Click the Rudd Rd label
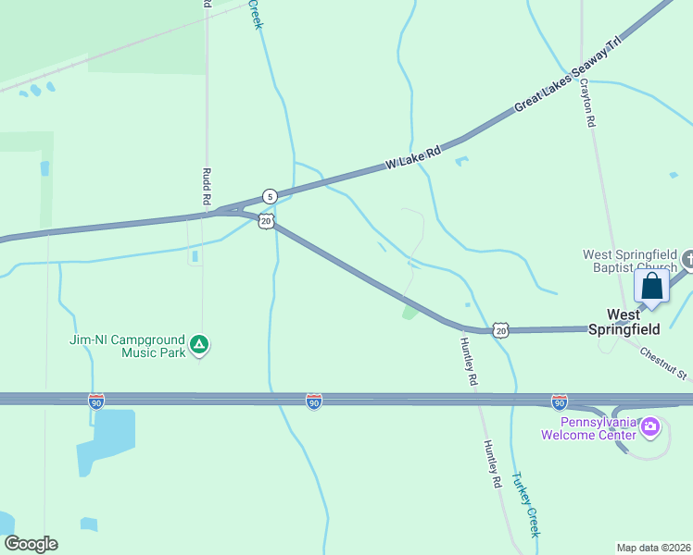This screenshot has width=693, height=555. [207, 187]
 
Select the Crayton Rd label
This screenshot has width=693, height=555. [586, 102]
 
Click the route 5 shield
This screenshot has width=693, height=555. [269, 196]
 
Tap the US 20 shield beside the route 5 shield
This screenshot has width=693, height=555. [266, 220]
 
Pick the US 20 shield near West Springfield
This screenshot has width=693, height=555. [500, 330]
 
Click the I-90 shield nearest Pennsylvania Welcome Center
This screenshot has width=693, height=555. [560, 401]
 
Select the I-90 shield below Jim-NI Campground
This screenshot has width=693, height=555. [96, 401]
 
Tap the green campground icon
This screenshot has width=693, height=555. [198, 346]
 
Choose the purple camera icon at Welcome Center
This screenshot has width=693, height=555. [650, 426]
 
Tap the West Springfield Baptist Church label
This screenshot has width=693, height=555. [630, 262]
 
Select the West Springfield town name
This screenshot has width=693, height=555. [633, 322]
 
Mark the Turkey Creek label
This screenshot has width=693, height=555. [526, 505]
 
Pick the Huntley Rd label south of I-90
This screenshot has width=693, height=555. [491, 462]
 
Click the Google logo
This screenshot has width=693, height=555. [31, 544]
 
